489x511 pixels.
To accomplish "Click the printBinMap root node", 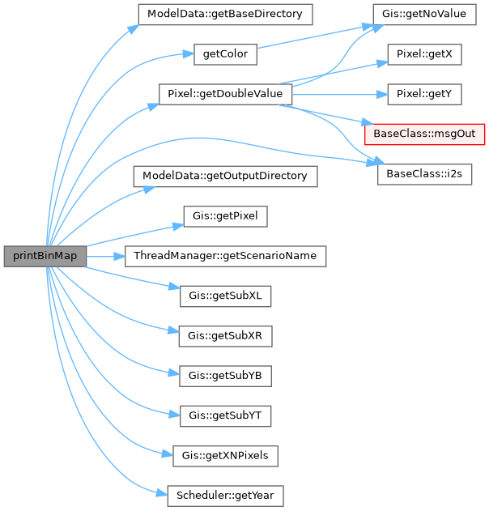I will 45,256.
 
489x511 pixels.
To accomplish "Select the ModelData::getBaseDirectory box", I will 225,15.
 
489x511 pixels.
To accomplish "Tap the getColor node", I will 225,54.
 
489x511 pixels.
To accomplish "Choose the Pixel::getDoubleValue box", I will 225,94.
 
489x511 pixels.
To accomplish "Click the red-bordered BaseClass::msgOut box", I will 425,134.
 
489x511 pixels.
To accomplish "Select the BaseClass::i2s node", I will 425,173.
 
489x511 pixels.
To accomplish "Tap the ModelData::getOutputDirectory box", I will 225,177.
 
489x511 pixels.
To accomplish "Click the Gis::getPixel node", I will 225,216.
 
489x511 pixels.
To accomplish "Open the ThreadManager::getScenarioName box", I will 225,256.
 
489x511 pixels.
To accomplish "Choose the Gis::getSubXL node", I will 225,296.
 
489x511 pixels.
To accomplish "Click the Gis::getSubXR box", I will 225,336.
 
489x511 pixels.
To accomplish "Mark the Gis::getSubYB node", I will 225,376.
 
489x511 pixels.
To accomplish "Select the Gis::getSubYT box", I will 225,416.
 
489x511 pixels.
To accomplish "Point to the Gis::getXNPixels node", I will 225,456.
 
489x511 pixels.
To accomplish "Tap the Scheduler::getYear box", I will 225,496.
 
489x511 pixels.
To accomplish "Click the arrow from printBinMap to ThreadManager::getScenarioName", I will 105,256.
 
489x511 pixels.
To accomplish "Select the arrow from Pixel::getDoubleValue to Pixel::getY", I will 340,94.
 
